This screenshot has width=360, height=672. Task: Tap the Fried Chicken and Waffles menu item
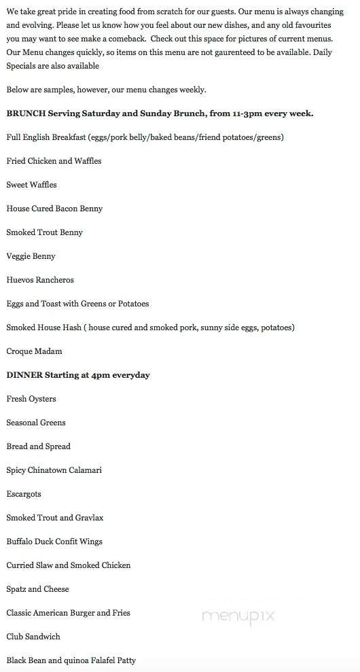[54, 161]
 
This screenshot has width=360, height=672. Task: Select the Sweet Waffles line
[31, 185]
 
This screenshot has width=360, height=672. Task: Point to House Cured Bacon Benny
[54, 209]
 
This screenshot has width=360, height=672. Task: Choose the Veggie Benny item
[31, 256]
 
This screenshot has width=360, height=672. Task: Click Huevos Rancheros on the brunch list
[40, 280]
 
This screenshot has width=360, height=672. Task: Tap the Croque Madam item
[34, 351]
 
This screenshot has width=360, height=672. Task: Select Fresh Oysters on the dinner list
[31, 399]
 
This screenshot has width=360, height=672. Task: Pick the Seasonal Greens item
[36, 423]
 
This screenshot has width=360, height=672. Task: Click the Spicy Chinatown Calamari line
[54, 470]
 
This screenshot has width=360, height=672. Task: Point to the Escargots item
[24, 494]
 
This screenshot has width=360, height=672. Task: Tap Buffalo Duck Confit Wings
[54, 542]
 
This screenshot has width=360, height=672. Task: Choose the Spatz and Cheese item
[37, 589]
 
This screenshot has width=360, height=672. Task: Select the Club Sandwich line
[33, 637]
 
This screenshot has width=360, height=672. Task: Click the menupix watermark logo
[238, 616]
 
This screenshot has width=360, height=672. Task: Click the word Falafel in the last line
[96, 660]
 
